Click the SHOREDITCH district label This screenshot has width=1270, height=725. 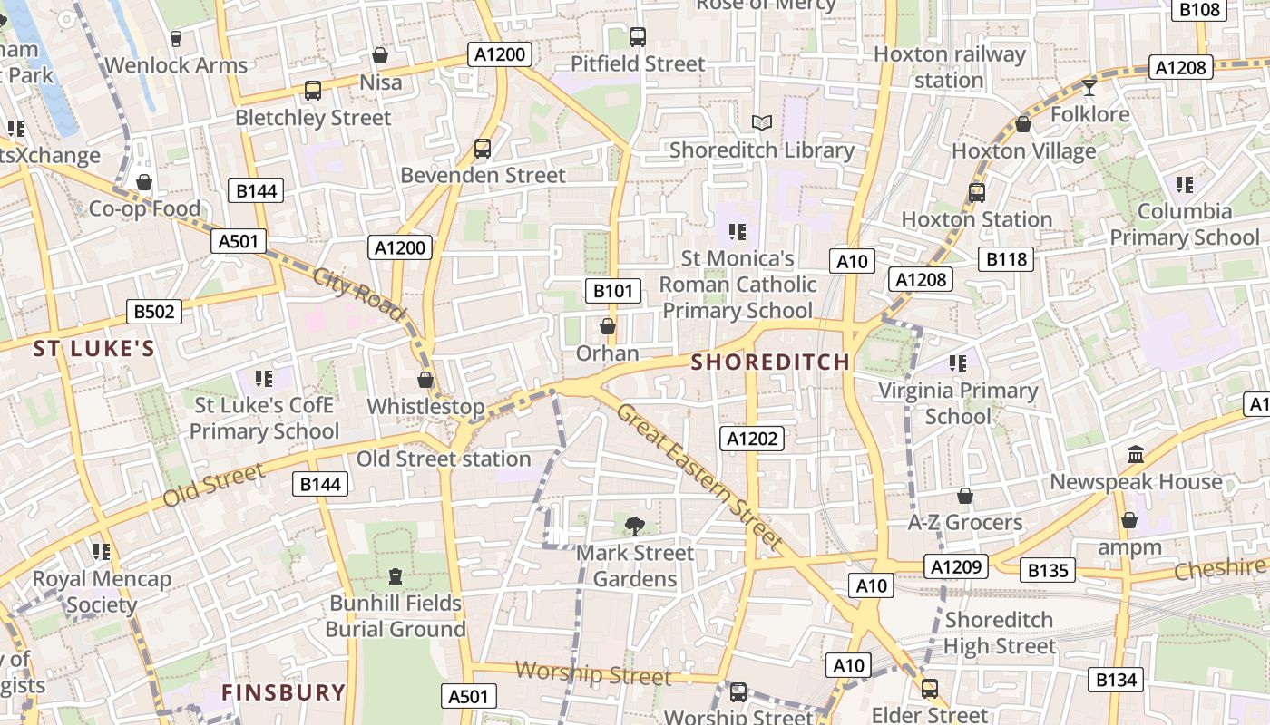(771, 362)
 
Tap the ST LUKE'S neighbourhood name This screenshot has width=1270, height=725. (94, 349)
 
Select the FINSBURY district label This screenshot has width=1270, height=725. (284, 692)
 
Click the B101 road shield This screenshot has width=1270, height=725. (612, 291)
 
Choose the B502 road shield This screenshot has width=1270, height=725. (153, 312)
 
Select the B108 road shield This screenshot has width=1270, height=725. (1200, 10)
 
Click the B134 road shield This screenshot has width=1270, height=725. (1116, 680)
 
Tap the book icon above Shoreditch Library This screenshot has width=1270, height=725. (762, 122)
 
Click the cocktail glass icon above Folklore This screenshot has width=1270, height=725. (1089, 87)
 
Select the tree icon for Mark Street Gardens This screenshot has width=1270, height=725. (635, 525)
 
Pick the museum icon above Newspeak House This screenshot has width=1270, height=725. (1135, 454)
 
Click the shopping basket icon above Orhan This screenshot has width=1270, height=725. (608, 326)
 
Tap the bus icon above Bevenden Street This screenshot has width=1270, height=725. (483, 148)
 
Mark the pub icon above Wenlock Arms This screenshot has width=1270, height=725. (176, 38)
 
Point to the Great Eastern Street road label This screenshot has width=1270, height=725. (699, 477)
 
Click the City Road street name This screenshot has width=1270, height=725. (359, 294)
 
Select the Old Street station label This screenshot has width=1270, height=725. (443, 459)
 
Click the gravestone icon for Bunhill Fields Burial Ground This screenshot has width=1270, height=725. (395, 575)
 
